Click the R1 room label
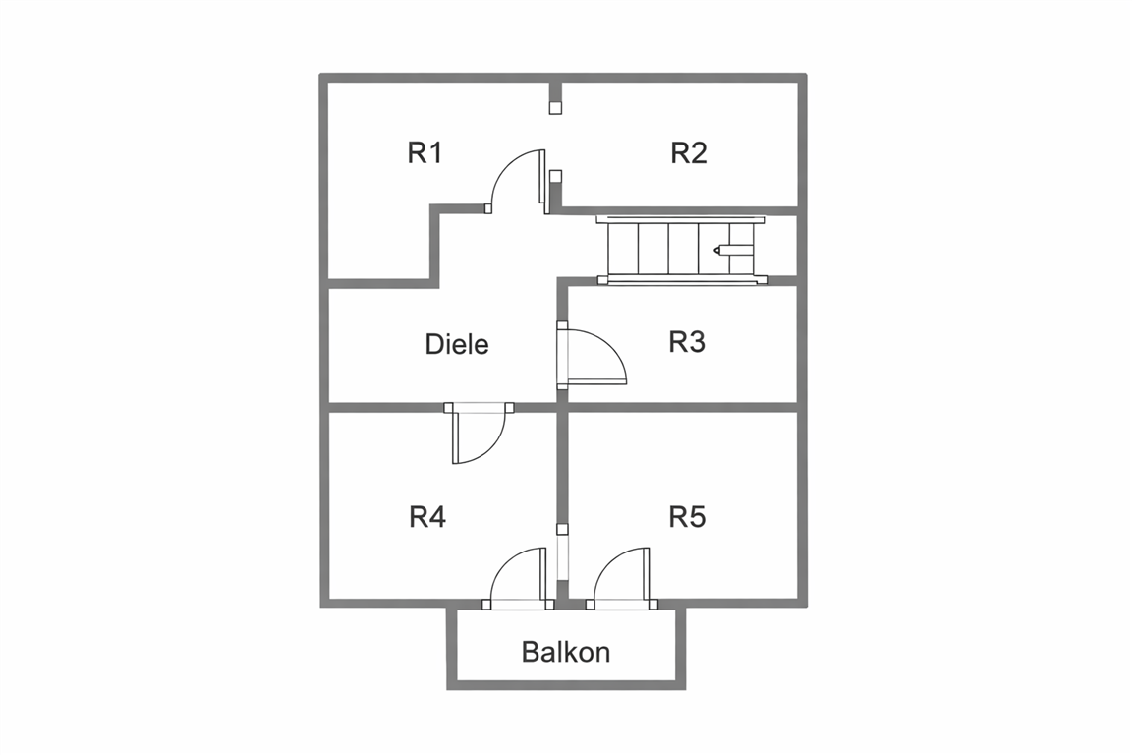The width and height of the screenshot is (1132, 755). [x=424, y=153]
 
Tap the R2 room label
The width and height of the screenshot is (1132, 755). [x=688, y=153]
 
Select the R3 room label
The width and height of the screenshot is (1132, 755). [x=687, y=342]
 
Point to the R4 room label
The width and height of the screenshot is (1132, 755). [x=427, y=517]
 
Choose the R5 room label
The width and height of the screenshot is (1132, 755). [x=687, y=517]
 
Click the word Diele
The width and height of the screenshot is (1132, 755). [x=457, y=345]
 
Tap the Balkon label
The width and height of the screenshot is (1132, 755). [x=566, y=652]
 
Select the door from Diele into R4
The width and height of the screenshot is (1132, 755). [x=478, y=435]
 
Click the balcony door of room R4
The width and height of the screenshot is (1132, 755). [x=518, y=578]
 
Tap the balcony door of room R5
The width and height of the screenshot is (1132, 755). [x=621, y=578]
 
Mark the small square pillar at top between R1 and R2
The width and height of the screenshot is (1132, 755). [x=555, y=106]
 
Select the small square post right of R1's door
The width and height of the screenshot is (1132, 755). [x=555, y=177]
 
